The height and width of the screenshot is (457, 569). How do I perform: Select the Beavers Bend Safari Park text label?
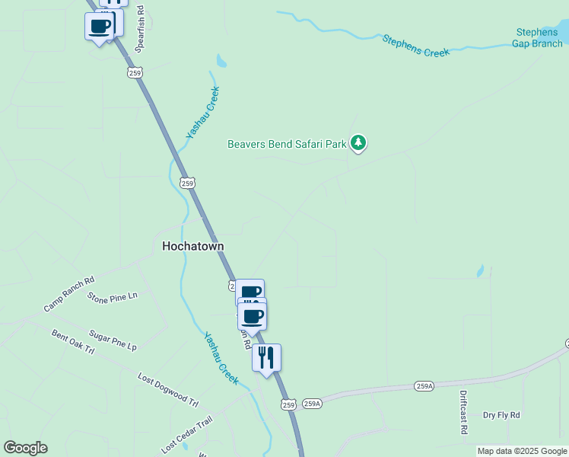point(288,143)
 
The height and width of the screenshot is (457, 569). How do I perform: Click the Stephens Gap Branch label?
point(539,37)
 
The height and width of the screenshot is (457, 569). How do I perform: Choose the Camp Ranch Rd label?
point(68,293)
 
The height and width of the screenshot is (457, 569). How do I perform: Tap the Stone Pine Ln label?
point(113,296)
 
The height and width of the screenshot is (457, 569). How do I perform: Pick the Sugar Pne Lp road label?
point(113,340)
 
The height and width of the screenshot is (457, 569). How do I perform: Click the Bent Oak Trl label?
point(72,341)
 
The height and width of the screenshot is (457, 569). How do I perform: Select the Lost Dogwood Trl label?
point(167,388)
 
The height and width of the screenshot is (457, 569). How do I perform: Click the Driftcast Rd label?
point(463,412)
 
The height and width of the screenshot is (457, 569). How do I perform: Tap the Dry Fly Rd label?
point(501,415)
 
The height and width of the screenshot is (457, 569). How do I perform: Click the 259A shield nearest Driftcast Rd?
point(424,387)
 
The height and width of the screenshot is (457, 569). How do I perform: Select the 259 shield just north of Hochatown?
point(189,183)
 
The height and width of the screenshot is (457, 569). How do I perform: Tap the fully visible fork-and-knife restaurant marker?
point(266,357)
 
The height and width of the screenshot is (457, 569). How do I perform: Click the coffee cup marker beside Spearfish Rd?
point(99,26)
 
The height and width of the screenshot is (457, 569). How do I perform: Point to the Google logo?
point(25,448)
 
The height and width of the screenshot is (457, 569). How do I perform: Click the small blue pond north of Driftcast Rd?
point(480,271)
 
